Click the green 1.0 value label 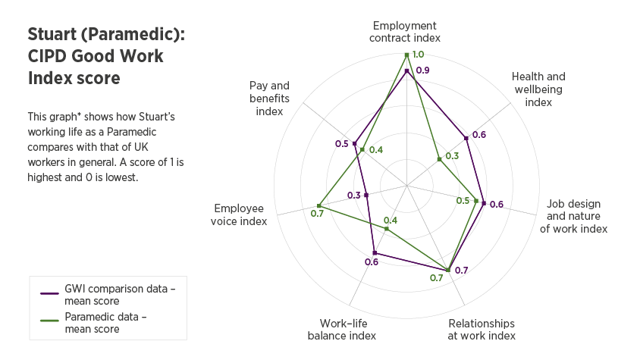point(419,55)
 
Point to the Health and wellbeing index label point(538,89)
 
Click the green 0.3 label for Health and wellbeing point(453,156)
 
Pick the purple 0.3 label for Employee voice point(354,196)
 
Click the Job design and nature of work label point(573,216)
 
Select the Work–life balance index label point(342,329)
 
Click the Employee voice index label point(240,214)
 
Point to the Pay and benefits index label point(269,98)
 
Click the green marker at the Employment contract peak point(407,55)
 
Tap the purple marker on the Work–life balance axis point(374,253)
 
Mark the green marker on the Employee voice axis point(318,206)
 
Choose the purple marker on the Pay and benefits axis point(354,143)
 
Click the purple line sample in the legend point(50,293)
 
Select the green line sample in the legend point(50,319)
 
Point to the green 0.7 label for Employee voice point(317,213)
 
